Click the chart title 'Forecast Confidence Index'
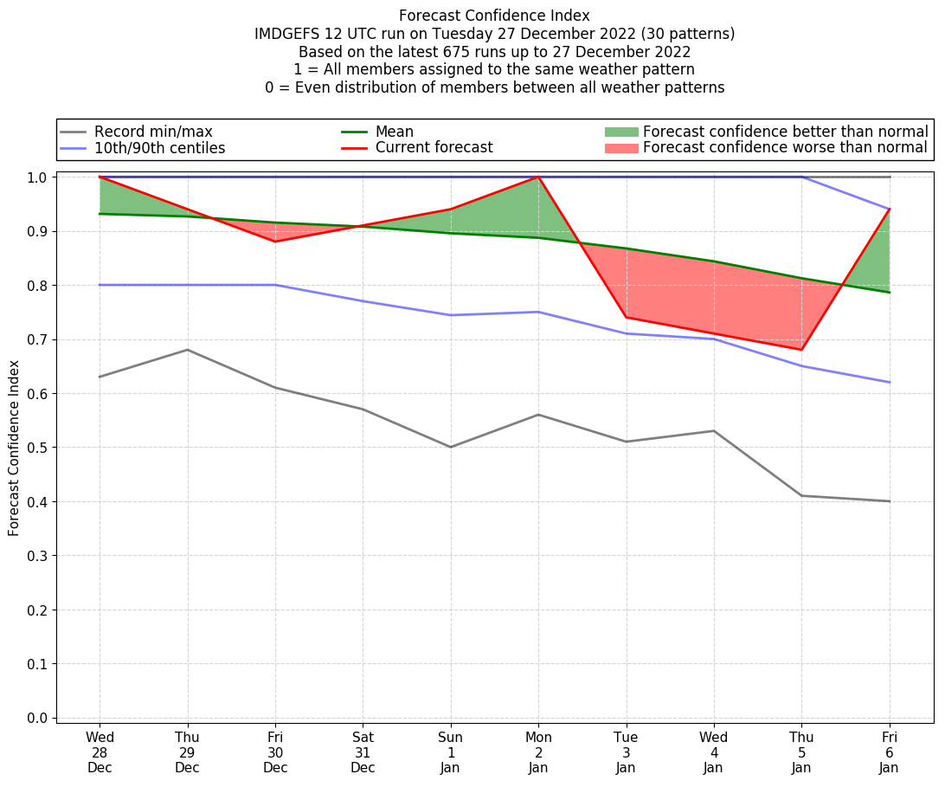[494, 16]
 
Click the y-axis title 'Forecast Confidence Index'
[14, 448]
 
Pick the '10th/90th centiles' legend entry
[159, 148]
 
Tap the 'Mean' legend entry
[394, 132]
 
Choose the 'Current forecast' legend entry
[434, 148]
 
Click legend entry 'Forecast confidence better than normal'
[785, 132]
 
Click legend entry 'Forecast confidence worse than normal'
[785, 148]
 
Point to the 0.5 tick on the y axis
[41, 448]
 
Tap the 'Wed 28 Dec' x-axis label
[100, 753]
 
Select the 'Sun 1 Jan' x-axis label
[451, 753]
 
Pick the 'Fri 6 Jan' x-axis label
[890, 753]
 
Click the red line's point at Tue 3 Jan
[627, 317]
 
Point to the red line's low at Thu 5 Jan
[802, 350]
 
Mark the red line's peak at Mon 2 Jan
[538, 177]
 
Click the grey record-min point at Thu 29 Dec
[188, 350]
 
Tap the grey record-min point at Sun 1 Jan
[451, 447]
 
